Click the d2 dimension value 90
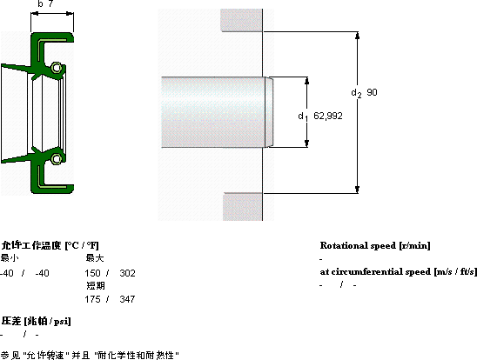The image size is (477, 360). click(372, 92)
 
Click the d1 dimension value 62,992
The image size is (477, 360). click(328, 116)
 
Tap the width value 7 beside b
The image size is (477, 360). click(50, 3)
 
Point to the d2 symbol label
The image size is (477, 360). click(356, 93)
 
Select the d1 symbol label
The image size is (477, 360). click(303, 117)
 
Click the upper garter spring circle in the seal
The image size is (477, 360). click(57, 68)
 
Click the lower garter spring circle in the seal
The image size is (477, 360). click(57, 159)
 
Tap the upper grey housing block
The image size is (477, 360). click(241, 20)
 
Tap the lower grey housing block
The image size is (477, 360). click(243, 207)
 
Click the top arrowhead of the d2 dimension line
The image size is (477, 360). click(358, 36)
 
